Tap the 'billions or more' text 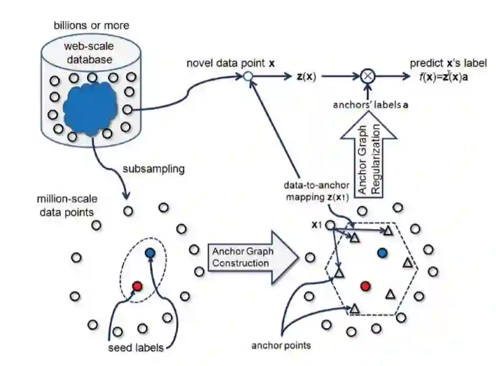click(91, 25)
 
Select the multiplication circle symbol click(367, 76)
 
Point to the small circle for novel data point click(248, 76)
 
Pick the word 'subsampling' click(153, 169)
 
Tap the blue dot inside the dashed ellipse click(150, 253)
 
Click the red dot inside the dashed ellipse click(137, 286)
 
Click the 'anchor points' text click(281, 345)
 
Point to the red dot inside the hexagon click(365, 286)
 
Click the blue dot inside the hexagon click(382, 253)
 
